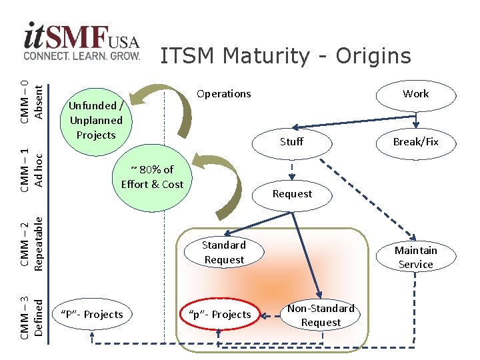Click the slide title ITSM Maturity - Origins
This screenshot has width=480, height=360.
click(x=285, y=56)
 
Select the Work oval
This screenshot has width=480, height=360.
click(x=415, y=94)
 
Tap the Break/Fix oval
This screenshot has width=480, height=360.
click(x=415, y=142)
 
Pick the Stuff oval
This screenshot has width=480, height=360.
click(x=291, y=141)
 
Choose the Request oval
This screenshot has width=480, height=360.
click(x=292, y=194)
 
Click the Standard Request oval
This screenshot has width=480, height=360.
click(x=224, y=253)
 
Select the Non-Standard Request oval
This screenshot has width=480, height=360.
click(x=321, y=315)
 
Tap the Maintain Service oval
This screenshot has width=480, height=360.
click(x=415, y=257)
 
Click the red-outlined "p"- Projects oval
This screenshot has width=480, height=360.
click(x=219, y=315)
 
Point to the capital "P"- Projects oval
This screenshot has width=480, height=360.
click(x=92, y=315)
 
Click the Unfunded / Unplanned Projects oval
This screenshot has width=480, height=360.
click(x=96, y=121)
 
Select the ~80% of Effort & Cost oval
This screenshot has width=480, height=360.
click(x=152, y=177)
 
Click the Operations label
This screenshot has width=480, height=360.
click(x=224, y=94)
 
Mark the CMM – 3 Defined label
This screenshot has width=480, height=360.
click(x=32, y=309)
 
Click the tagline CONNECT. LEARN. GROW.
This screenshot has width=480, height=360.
click(x=82, y=55)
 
